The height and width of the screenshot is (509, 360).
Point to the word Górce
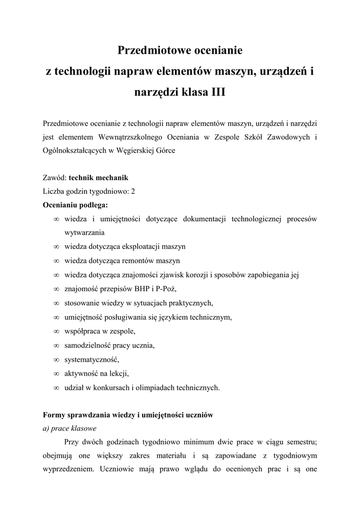tap(165, 150)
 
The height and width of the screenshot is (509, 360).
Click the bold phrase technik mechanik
tap(98, 177)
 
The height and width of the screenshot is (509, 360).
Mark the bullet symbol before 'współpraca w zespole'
tap(56, 331)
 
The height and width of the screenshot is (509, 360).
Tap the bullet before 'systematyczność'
tap(56, 359)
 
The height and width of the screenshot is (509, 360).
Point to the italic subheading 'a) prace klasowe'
tap(70, 427)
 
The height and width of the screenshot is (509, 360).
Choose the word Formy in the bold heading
tap(55, 414)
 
